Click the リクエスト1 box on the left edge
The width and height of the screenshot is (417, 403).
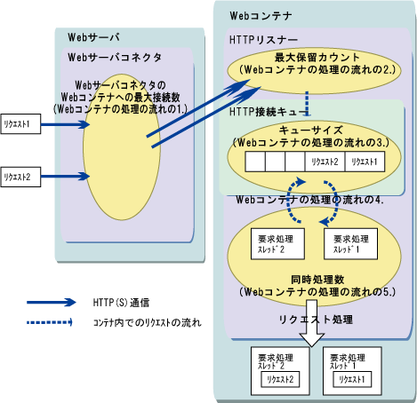tap(20, 124)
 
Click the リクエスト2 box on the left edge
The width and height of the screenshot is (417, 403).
tap(20, 177)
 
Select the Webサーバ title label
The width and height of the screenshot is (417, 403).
tap(93, 37)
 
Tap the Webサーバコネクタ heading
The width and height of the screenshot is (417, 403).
tap(115, 57)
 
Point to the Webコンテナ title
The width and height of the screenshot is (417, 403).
tap(261, 16)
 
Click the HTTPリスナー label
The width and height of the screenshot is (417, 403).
tap(263, 40)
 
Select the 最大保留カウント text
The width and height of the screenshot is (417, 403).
tap(317, 58)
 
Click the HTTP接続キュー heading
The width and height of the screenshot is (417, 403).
tap(269, 112)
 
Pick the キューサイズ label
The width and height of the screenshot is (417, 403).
tap(310, 130)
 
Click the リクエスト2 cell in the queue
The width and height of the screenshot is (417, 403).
tap(325, 162)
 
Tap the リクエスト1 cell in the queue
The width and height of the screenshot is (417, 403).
tap(365, 162)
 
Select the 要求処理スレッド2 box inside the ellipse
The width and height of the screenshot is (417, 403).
tap(277, 244)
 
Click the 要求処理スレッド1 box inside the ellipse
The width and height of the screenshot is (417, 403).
tap(350, 244)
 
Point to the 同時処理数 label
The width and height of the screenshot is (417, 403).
tap(317, 280)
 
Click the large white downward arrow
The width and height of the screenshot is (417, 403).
tap(312, 323)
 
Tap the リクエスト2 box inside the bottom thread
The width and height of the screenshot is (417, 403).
tap(280, 379)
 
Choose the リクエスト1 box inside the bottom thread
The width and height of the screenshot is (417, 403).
tap(352, 379)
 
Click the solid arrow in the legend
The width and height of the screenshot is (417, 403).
tap(52, 303)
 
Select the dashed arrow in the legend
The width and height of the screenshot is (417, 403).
tap(50, 322)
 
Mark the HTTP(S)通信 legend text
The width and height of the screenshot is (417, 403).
tap(121, 303)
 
